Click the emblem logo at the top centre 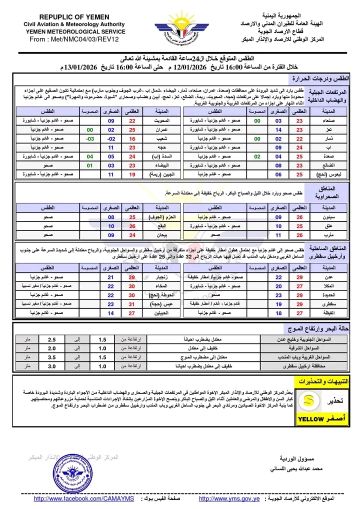click(x=180, y=26)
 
